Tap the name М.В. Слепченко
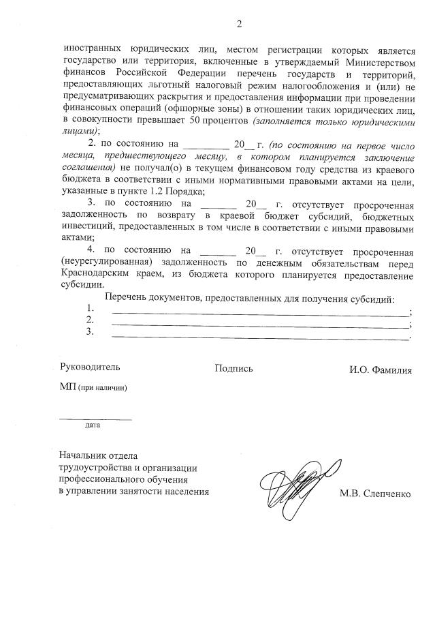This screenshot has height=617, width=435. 375,494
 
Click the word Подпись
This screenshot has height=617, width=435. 233,368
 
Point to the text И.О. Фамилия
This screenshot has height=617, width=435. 381,369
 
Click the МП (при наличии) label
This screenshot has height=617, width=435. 93,387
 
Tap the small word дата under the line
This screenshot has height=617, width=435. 93,425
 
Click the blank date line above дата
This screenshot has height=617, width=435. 95,417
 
